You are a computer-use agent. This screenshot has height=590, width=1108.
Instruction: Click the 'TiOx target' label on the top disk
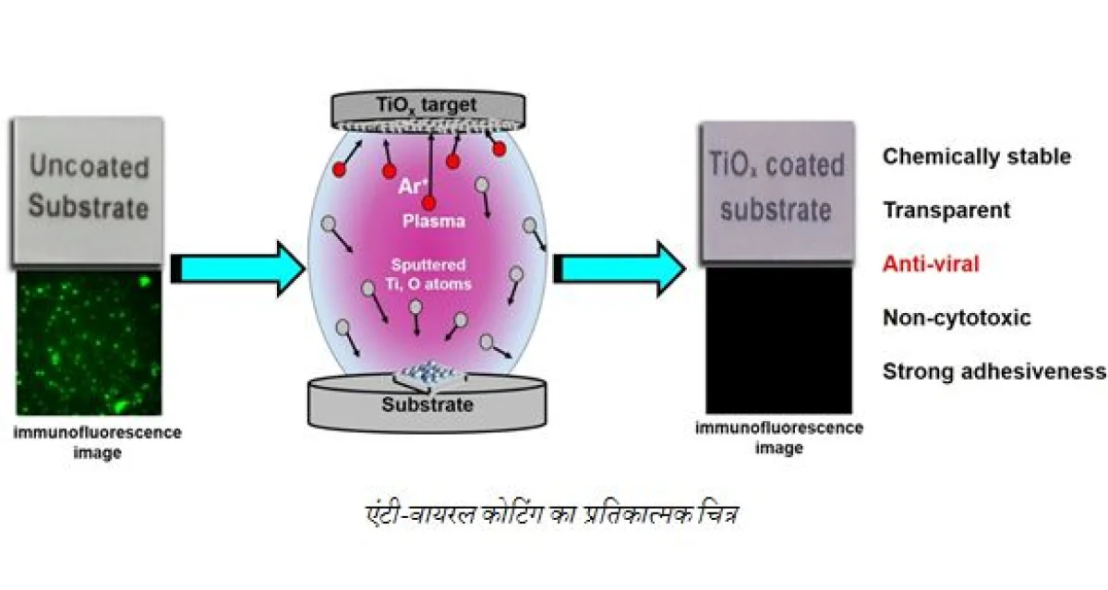click(x=424, y=107)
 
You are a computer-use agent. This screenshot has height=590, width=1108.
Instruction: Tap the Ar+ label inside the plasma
click(x=412, y=185)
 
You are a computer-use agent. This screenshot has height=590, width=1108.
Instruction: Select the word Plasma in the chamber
click(x=433, y=222)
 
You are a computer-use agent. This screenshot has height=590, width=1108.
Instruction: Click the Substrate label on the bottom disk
click(x=428, y=404)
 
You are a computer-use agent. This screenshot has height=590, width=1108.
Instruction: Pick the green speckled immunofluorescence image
click(x=90, y=348)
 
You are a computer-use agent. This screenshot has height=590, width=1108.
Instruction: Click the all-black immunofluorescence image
click(x=778, y=340)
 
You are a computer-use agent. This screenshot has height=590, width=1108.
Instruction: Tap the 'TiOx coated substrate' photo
click(x=777, y=190)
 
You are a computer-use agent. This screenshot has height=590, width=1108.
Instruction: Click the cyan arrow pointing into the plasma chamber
click(x=237, y=269)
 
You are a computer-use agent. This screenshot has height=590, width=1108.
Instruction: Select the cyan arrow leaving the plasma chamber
click(x=620, y=269)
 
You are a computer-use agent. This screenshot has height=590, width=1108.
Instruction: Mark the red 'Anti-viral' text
click(x=931, y=264)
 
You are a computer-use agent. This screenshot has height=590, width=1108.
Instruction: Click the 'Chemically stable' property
click(x=976, y=156)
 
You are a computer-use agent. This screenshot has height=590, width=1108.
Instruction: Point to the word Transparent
click(x=946, y=211)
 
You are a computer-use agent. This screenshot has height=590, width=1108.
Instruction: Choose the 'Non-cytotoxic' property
click(x=957, y=319)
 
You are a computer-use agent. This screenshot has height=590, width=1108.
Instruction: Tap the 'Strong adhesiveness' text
click(x=994, y=372)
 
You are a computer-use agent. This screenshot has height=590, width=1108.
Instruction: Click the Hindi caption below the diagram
click(x=551, y=512)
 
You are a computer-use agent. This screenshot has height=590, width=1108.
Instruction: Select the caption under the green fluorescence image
click(x=97, y=442)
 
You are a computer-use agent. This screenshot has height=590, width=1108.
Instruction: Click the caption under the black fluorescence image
click(x=779, y=438)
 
